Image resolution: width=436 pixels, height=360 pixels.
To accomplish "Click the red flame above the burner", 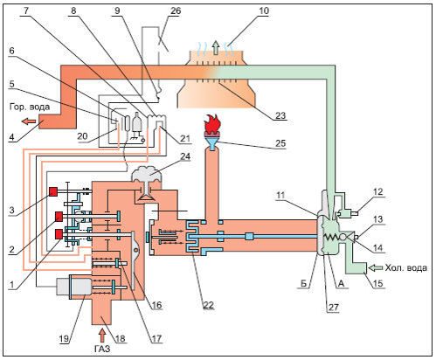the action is (212, 124).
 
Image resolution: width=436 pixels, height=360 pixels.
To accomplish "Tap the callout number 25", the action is (280, 143).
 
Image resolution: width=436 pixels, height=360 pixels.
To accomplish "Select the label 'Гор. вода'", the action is (30, 107).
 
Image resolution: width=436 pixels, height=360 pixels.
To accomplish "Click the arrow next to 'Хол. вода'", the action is (375, 267).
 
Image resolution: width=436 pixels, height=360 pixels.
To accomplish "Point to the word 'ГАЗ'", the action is (102, 349).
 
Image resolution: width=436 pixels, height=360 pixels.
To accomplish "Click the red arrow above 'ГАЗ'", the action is (102, 335).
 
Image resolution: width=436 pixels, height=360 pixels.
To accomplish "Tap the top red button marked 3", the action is (53, 191).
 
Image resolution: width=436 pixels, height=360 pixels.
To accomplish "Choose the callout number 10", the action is (264, 11).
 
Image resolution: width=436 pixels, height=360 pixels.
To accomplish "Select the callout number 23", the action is (280, 115).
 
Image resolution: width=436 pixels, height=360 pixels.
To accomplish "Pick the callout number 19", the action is (64, 338).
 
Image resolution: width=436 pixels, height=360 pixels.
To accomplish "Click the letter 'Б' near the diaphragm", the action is (303, 283).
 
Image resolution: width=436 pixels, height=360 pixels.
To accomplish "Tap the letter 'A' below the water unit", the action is (343, 283).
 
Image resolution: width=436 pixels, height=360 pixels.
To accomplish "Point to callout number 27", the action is (333, 308).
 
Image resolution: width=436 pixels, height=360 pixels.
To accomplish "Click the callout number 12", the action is (377, 192).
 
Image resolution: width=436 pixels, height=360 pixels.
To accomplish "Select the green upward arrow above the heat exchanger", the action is (216, 48).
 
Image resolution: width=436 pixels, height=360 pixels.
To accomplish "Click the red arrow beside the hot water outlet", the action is (29, 121).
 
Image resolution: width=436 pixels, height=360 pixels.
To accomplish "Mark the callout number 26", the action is (175, 11).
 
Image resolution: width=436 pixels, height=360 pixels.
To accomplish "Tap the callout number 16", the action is (156, 305).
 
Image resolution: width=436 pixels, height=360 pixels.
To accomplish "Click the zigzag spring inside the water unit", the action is (331, 238).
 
